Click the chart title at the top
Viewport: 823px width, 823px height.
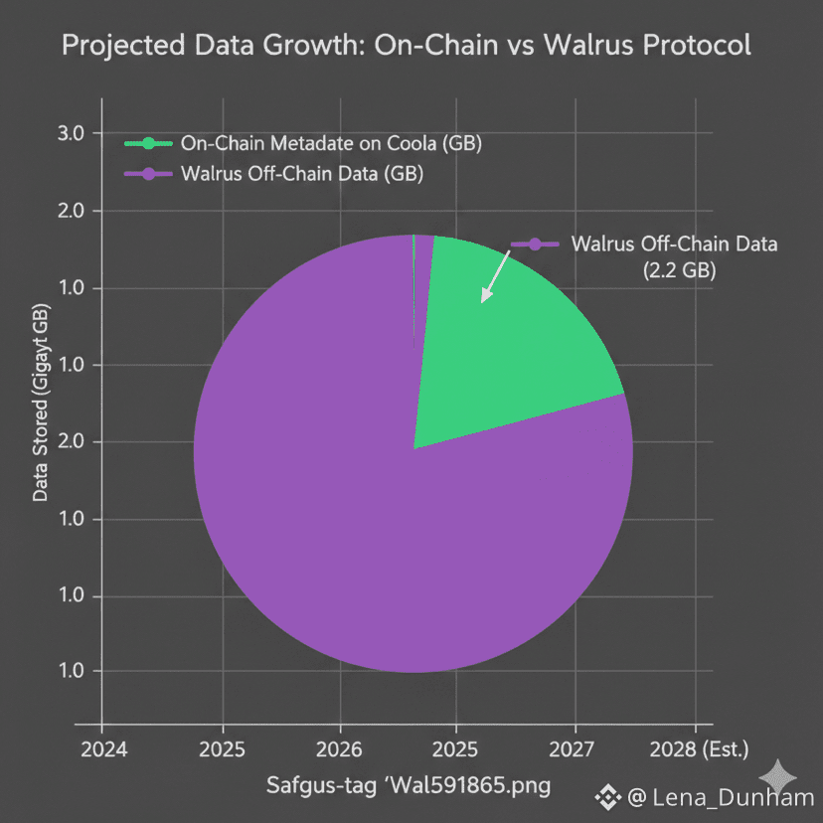tap(406, 46)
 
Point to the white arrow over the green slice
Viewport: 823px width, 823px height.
tap(494, 277)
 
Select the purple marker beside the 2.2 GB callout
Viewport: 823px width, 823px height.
tap(534, 245)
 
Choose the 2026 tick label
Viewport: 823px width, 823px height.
tap(341, 747)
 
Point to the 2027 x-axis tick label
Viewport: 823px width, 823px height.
tap(576, 747)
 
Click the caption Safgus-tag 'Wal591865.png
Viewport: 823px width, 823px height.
tap(409, 786)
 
